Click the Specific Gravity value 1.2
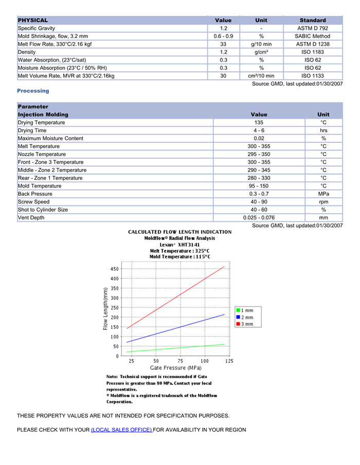pos(224,28)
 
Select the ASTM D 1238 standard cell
pos(313,44)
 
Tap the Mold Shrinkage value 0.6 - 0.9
pos(224,36)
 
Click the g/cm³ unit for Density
pos(261,52)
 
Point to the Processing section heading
pos(33,91)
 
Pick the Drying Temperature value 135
pos(259,123)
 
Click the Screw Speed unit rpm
pos(323,202)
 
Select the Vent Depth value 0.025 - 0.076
pos(259,218)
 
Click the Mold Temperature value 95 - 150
pos(259,186)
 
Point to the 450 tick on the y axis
pos(114,269)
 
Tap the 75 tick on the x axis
pos(181,361)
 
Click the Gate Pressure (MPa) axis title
pos(175,368)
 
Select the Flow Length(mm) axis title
pos(106,309)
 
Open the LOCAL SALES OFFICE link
pos(121,430)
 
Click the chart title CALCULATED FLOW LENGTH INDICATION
pos(179,232)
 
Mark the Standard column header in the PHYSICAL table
pos(313,20)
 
